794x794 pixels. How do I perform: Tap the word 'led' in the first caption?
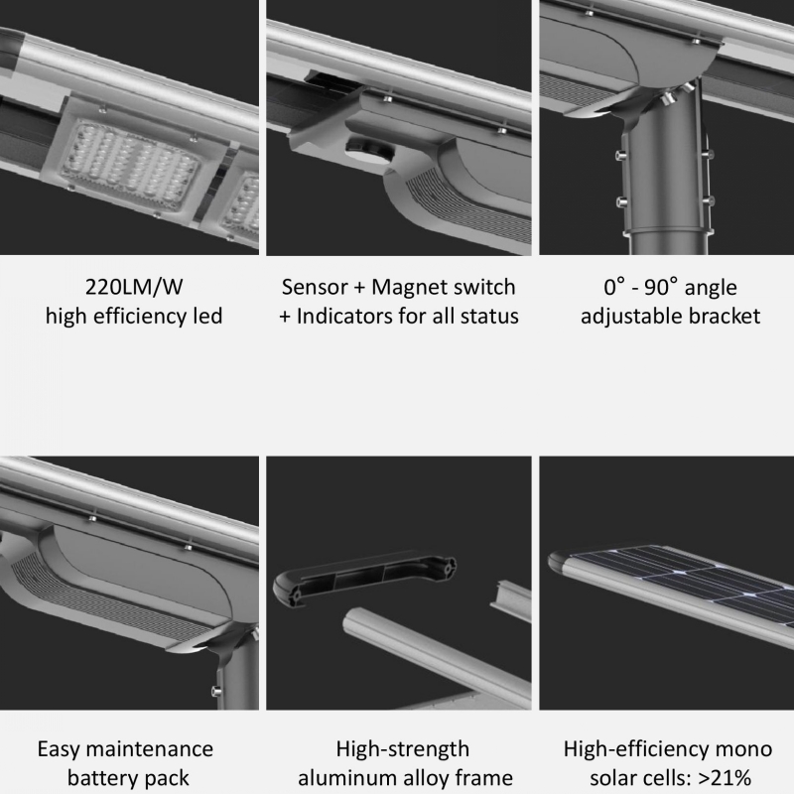(205, 318)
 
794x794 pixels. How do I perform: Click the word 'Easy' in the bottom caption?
(63, 748)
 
